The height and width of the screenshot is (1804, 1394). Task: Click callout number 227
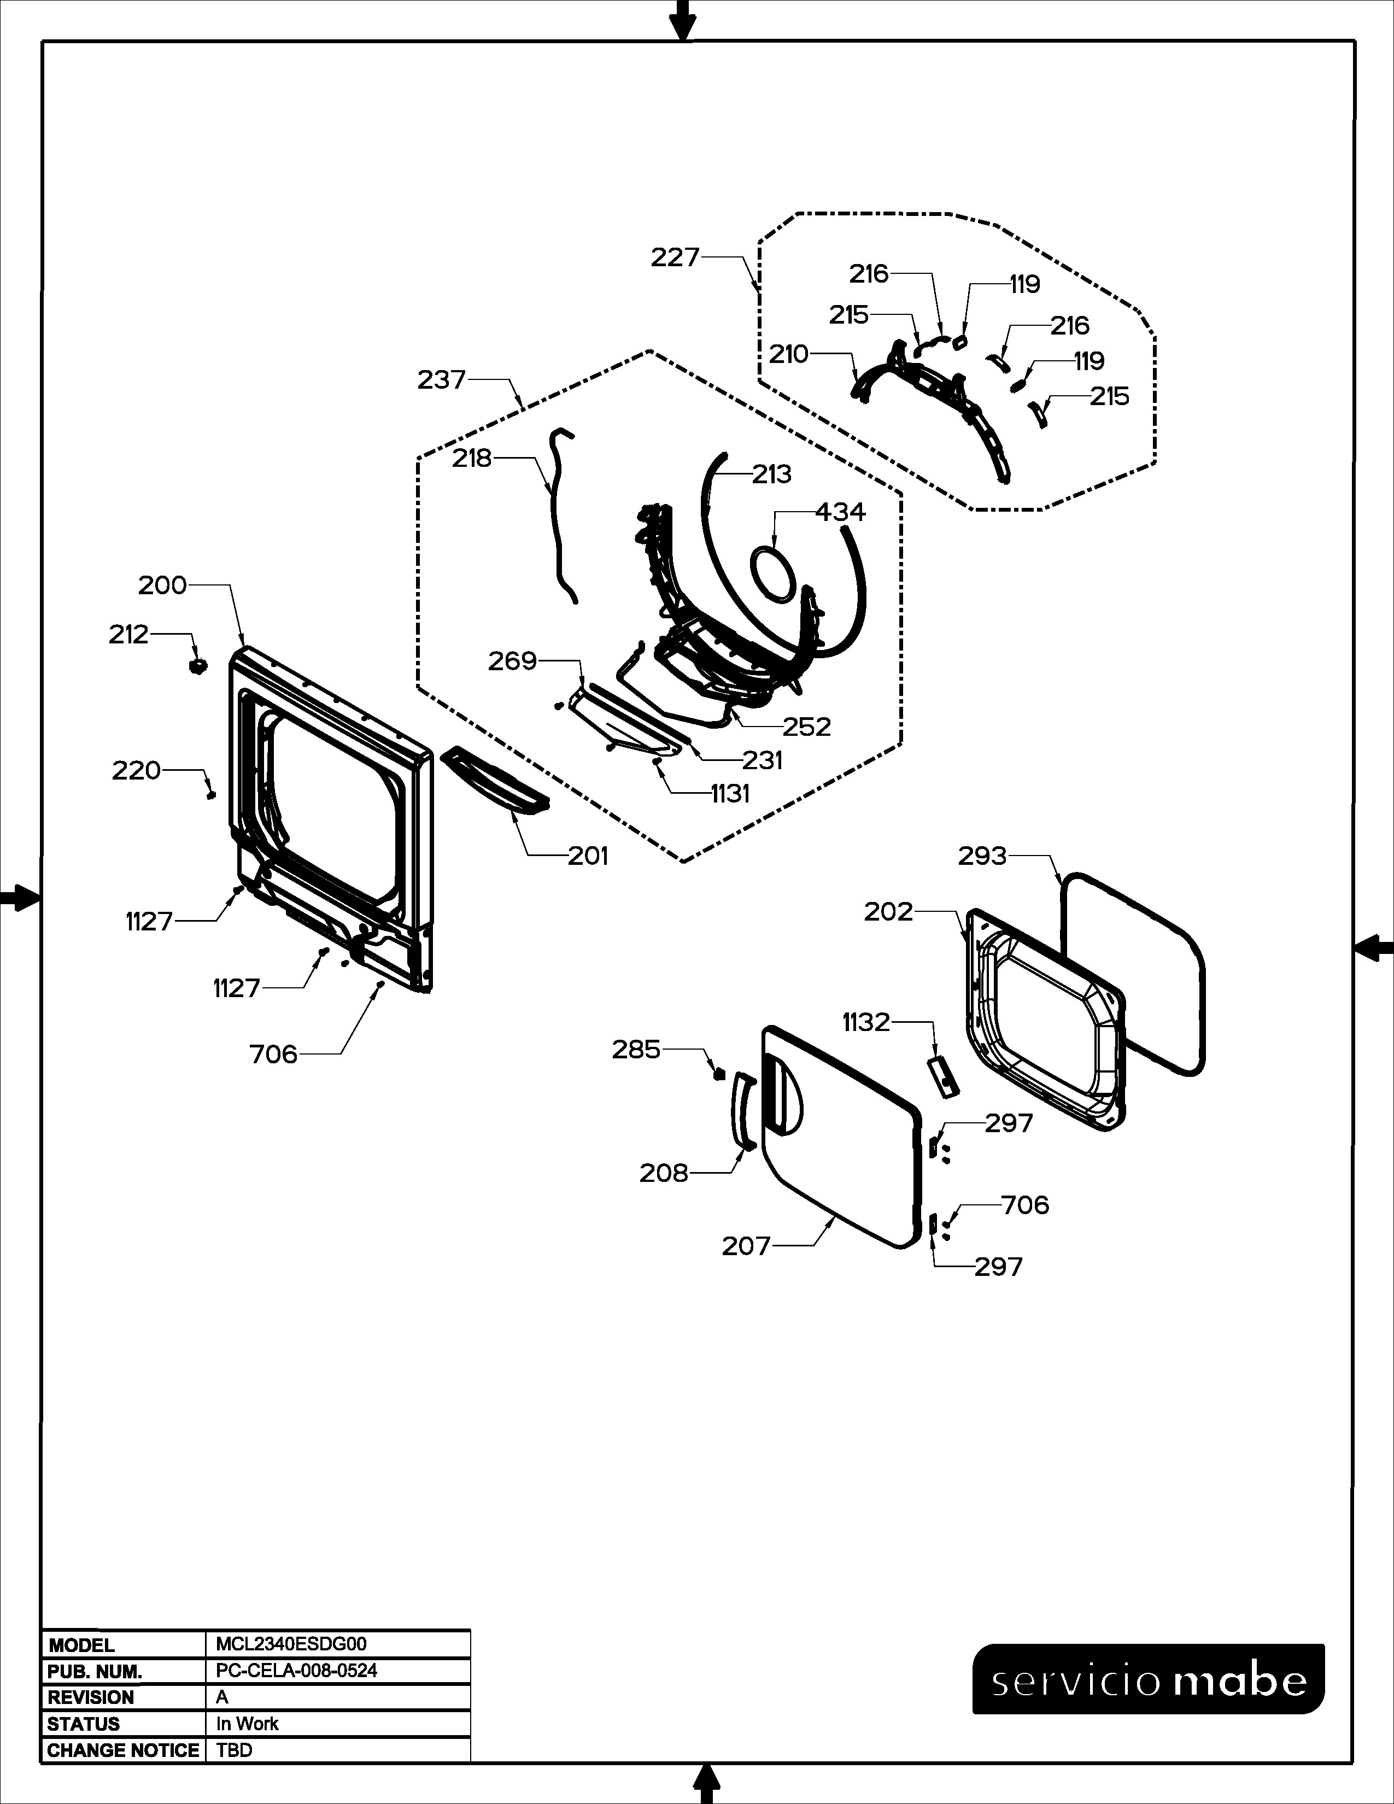pyautogui.click(x=675, y=257)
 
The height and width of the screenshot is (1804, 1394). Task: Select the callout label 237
pyautogui.click(x=442, y=380)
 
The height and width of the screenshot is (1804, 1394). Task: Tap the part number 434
pyautogui.click(x=841, y=512)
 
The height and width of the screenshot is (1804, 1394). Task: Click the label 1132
pyautogui.click(x=866, y=1023)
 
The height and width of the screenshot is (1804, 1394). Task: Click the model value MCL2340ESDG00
pyautogui.click(x=291, y=1644)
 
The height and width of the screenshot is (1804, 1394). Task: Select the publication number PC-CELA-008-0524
pyautogui.click(x=296, y=1670)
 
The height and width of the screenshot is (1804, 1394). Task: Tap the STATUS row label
pyautogui.click(x=84, y=1724)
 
